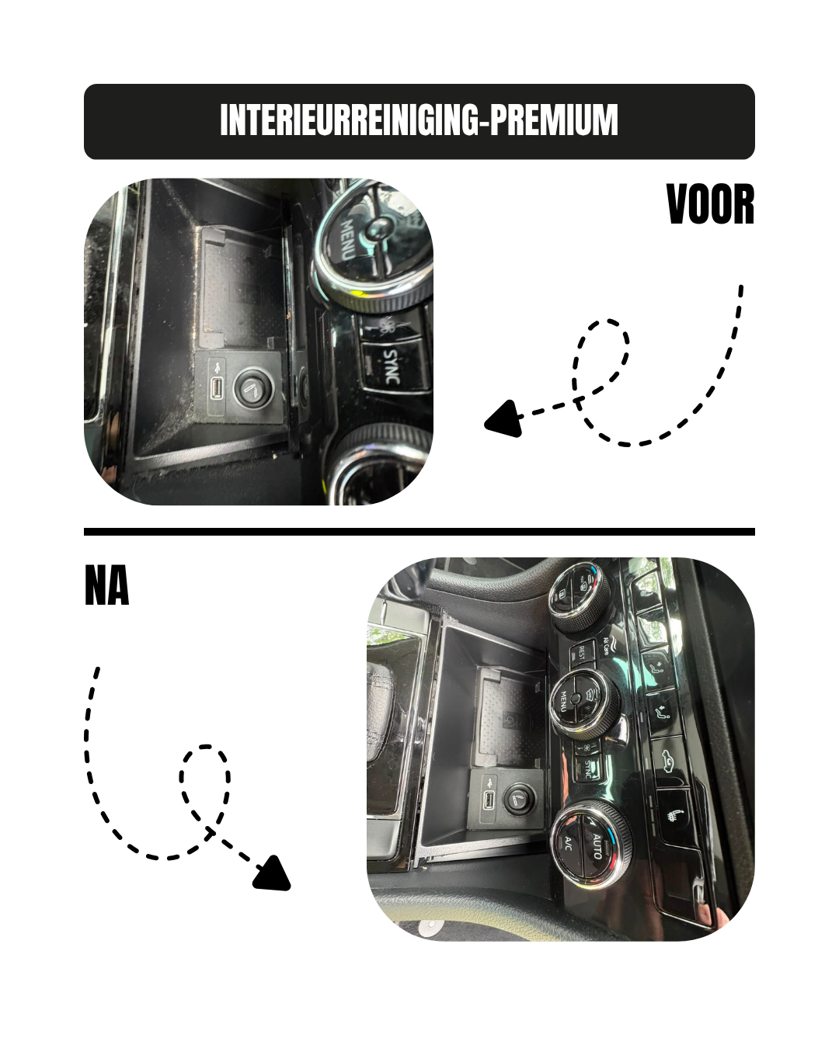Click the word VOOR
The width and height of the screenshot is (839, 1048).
[710, 204]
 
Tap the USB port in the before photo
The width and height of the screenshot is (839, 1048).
[217, 387]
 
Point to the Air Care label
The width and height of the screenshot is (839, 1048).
[607, 645]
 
